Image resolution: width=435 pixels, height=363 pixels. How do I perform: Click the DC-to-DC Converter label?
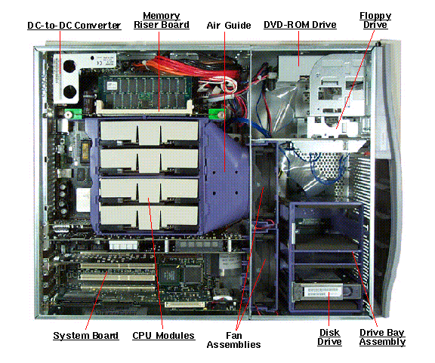(x=74, y=26)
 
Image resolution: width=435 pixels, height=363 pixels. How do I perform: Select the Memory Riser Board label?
(x=162, y=20)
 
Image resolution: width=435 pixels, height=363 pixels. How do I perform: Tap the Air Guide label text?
(x=229, y=26)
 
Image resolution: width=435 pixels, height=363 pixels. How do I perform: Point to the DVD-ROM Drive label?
(x=300, y=25)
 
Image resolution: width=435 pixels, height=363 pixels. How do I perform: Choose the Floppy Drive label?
(x=375, y=20)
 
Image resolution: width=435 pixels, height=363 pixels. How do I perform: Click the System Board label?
(x=86, y=336)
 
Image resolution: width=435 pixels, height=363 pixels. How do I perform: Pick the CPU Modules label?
(x=163, y=336)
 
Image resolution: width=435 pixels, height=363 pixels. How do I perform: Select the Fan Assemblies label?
(x=233, y=340)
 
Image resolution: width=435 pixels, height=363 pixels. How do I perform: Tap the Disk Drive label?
(x=329, y=337)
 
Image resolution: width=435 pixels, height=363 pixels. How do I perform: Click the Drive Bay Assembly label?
(x=382, y=337)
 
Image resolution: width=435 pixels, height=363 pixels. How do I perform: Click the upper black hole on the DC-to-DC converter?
(x=69, y=66)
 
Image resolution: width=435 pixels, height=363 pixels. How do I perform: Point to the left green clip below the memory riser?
(x=73, y=114)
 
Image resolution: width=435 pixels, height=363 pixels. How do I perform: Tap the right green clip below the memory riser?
(x=217, y=114)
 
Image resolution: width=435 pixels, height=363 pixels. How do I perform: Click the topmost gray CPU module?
(x=150, y=133)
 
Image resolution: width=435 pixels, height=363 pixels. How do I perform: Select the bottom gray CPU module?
(x=150, y=217)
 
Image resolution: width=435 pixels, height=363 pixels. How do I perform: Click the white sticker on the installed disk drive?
(x=323, y=293)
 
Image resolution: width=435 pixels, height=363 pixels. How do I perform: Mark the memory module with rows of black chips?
(x=144, y=92)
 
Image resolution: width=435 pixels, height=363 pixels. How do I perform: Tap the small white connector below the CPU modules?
(x=123, y=245)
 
